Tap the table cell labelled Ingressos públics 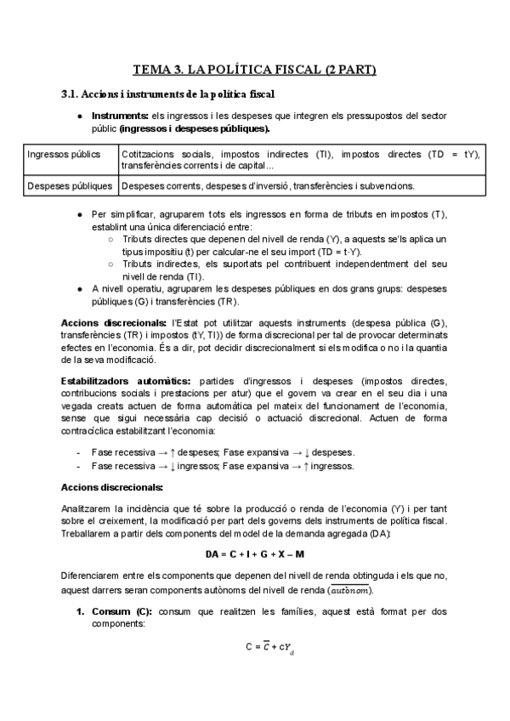pyautogui.click(x=64, y=155)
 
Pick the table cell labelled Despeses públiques pyautogui.click(x=70, y=185)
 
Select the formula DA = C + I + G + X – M pyautogui.click(x=254, y=554)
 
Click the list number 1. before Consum pyautogui.click(x=81, y=612)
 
